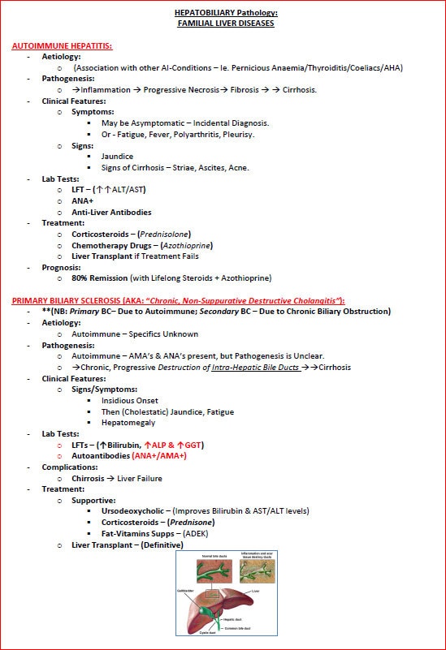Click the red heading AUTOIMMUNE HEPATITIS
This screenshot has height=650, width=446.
click(62, 46)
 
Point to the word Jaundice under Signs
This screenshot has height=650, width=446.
click(117, 156)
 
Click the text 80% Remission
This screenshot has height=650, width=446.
click(105, 278)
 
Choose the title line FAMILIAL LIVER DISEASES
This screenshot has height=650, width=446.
click(226, 24)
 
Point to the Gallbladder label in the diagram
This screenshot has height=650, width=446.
click(193, 592)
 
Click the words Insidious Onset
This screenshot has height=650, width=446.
click(130, 401)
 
